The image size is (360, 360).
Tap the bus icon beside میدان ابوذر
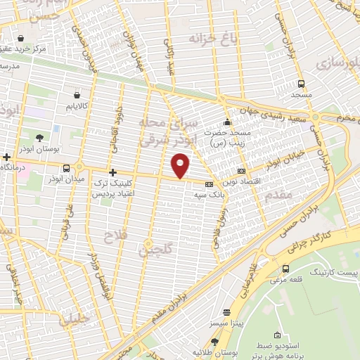(67, 168)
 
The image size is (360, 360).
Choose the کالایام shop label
(77, 105)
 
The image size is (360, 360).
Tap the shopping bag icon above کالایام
(77, 91)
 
